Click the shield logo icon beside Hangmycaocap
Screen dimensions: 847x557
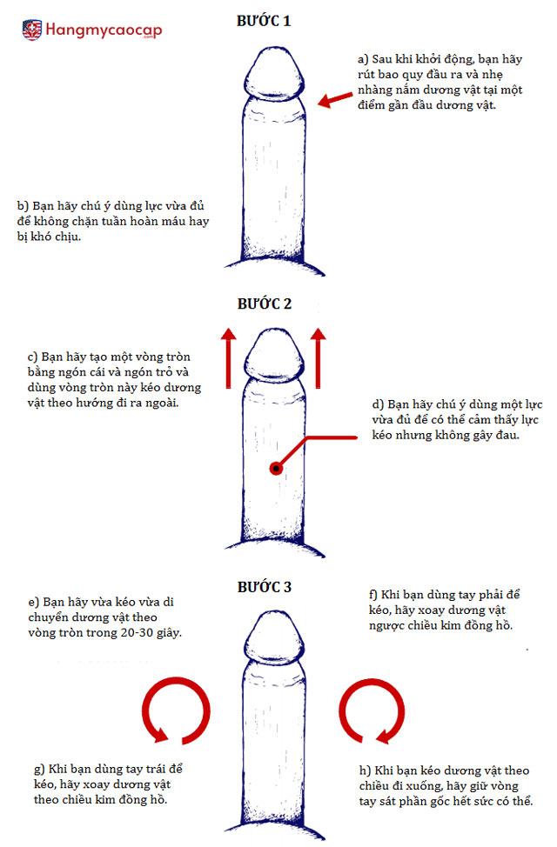[x=32, y=30]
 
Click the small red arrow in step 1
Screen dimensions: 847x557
[x=330, y=99]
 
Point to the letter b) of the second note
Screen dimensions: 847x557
[x=23, y=206]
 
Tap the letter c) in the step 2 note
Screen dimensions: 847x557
[x=33, y=357]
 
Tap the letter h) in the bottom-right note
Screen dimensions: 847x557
[x=363, y=770]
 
